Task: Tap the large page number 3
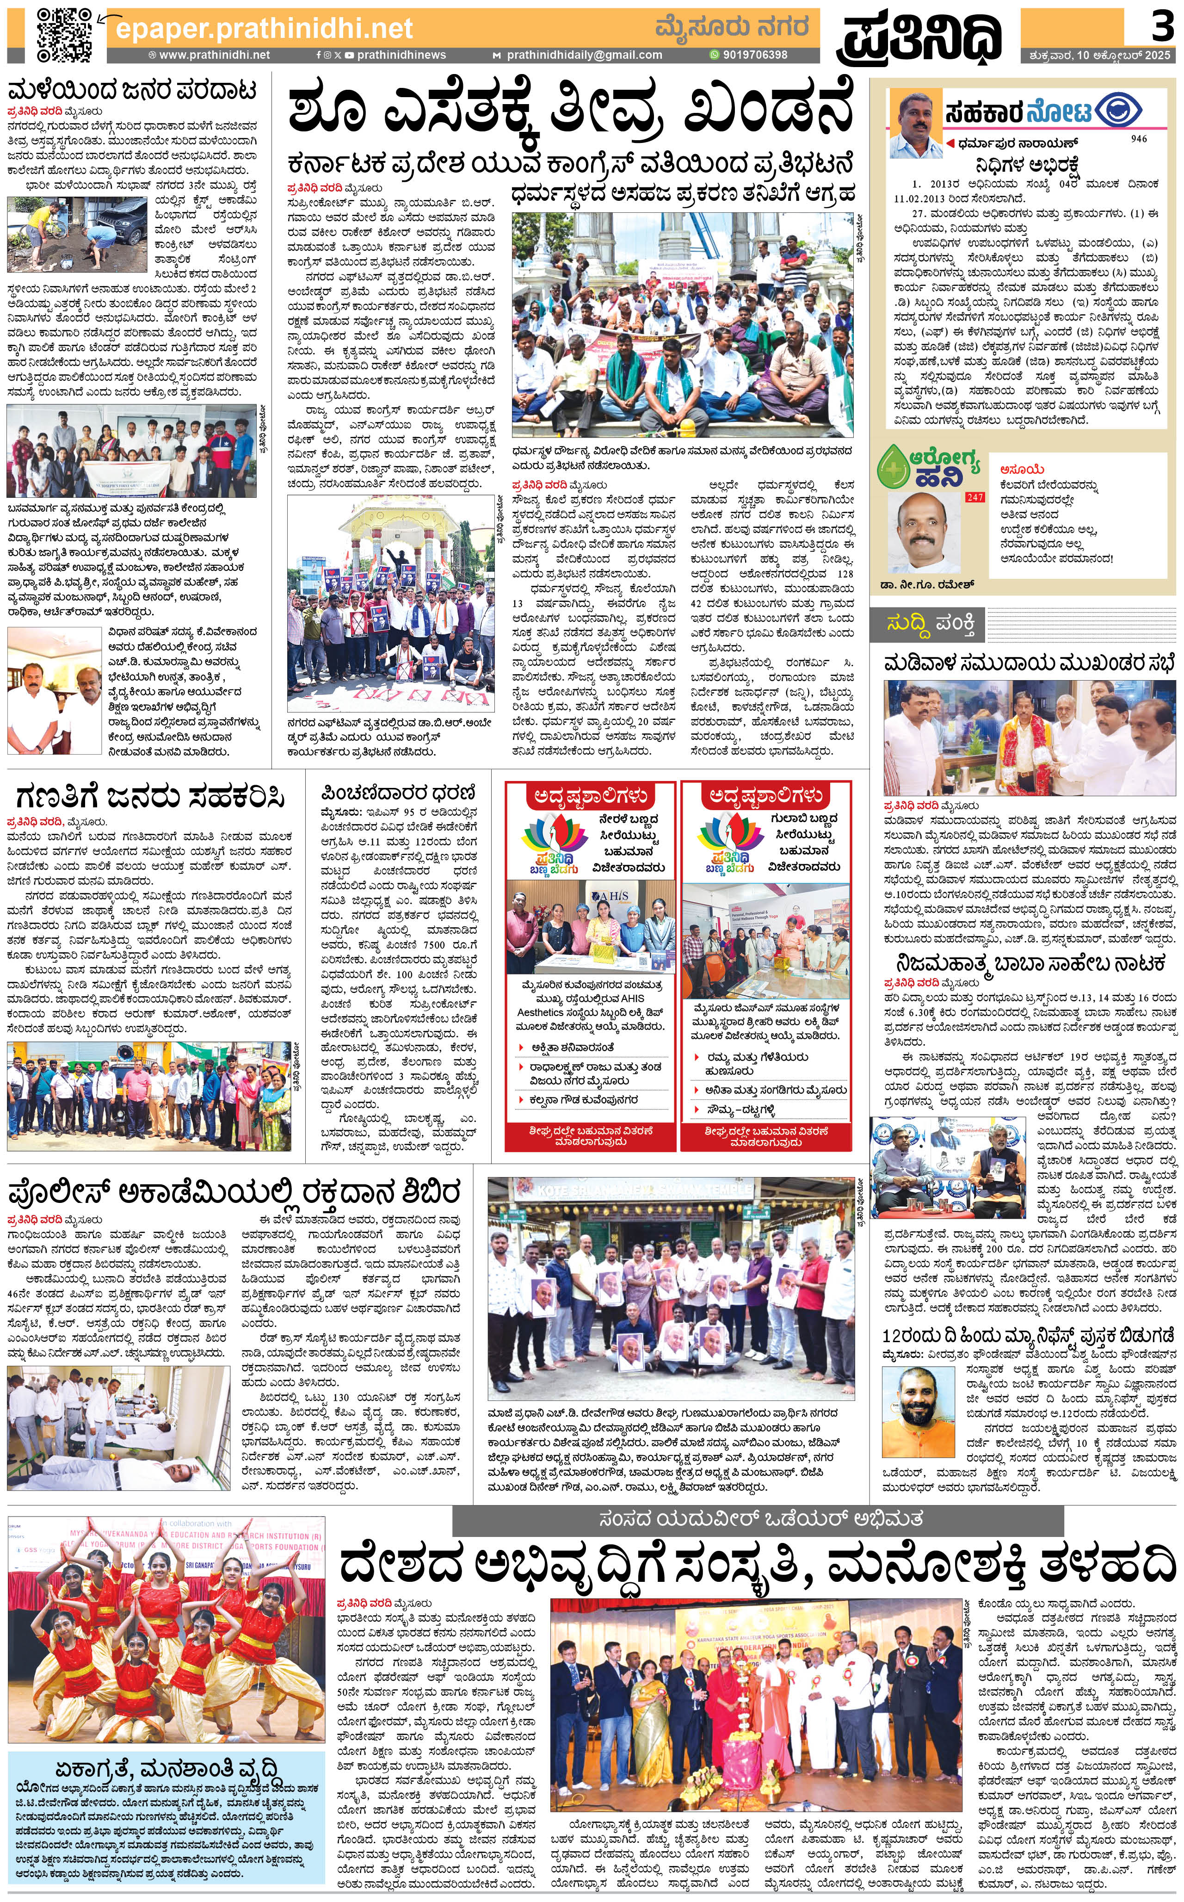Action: pos(1161,28)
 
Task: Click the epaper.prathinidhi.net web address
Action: pos(264,29)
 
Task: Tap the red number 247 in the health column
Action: pos(975,497)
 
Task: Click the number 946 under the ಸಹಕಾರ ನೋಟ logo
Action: pos(1139,139)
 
